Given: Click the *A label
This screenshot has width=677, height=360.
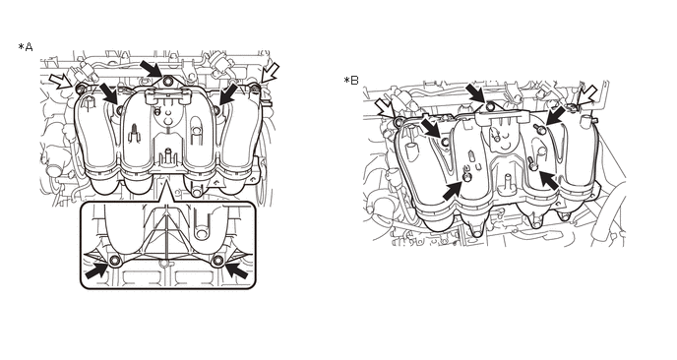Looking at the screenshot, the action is point(26,46).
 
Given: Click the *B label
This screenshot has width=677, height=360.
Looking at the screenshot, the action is point(351,81).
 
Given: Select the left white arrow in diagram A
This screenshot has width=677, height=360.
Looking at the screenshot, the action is point(61,81).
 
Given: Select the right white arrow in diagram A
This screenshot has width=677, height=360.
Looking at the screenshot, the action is point(271,72).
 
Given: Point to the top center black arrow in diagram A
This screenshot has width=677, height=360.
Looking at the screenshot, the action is point(151,69).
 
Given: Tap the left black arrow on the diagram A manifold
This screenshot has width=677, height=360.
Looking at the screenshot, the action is point(109,94).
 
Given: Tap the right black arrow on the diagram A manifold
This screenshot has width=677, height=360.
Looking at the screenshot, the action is point(228,94).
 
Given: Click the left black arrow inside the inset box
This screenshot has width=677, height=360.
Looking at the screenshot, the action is point(96,270).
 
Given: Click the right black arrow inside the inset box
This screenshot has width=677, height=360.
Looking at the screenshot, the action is point(236,270).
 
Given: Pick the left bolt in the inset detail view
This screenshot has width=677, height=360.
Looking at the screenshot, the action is point(115,260).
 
